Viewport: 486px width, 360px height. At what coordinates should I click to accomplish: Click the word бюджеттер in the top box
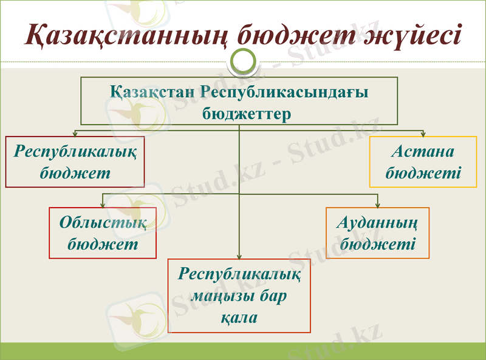tap(239, 113)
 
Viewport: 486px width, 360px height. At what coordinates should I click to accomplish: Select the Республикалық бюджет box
tap(75, 161)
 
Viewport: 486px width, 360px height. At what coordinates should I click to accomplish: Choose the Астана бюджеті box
tap(423, 161)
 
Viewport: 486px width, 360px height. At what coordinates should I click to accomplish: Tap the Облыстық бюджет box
tap(103, 233)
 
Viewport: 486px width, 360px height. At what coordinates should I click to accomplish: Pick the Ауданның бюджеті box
tap(378, 233)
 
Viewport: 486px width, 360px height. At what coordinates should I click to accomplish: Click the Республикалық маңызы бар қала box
tap(239, 296)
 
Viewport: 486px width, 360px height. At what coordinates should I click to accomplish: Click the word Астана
tap(423, 152)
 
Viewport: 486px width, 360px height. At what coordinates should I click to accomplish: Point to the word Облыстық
tap(103, 222)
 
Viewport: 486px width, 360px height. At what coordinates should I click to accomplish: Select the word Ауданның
tap(378, 222)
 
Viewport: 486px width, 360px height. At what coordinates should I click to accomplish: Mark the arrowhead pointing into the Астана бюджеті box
tap(423, 134)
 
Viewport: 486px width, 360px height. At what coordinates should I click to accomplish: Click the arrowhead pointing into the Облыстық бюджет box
tap(103, 205)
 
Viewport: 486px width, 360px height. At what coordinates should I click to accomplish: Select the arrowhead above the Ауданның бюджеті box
tap(378, 205)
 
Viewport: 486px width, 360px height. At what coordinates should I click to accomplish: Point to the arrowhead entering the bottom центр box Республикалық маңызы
tap(239, 256)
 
